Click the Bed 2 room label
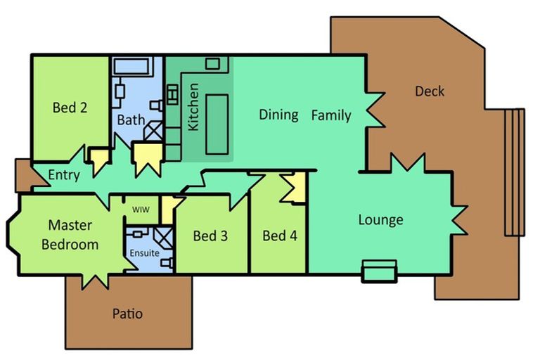(x=70, y=108)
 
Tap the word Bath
(x=131, y=120)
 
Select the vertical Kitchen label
(x=193, y=107)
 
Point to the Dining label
(x=278, y=115)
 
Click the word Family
(x=331, y=115)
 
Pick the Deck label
(x=430, y=91)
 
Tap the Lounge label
(x=381, y=220)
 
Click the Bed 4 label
(x=280, y=236)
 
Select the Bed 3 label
(x=210, y=236)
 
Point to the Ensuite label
(x=145, y=253)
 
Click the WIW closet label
(x=141, y=210)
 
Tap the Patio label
(x=127, y=314)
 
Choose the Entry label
(x=64, y=175)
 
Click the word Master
(x=70, y=225)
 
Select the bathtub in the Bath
(x=131, y=66)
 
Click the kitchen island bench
(x=217, y=124)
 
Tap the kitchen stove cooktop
(x=172, y=94)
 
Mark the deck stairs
(x=515, y=172)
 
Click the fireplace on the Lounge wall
(x=379, y=271)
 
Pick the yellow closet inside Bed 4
(x=295, y=188)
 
